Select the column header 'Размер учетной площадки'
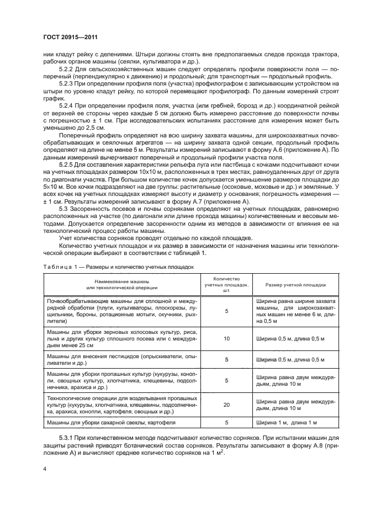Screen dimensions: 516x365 tap(295, 285)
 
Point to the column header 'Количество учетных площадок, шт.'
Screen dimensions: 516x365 tap(226, 285)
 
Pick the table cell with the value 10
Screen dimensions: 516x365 tap(226, 338)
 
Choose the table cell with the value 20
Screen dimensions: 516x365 tap(226, 405)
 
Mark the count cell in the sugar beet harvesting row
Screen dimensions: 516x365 tap(226, 423)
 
